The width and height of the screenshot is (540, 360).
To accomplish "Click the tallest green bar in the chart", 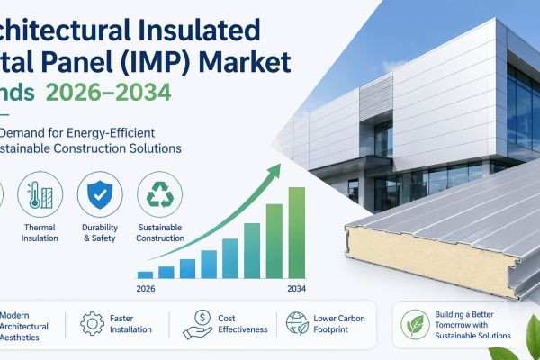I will click(x=296, y=231).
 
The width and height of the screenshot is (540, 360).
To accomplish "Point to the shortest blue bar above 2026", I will click(x=145, y=273).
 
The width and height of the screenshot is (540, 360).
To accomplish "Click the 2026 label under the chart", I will click(x=149, y=290).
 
